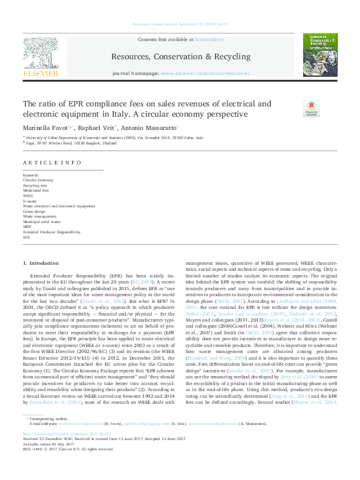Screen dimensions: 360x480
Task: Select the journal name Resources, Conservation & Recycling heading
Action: pos(180,56)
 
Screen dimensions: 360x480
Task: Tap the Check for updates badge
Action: pos(327,108)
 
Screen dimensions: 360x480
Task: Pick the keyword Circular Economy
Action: pos(38,180)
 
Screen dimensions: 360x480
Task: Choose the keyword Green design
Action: pos(34,211)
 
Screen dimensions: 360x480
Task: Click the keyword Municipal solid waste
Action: pos(42,221)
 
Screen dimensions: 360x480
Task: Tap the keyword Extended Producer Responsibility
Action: pos(51,232)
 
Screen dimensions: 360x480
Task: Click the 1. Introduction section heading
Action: pos(41,264)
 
